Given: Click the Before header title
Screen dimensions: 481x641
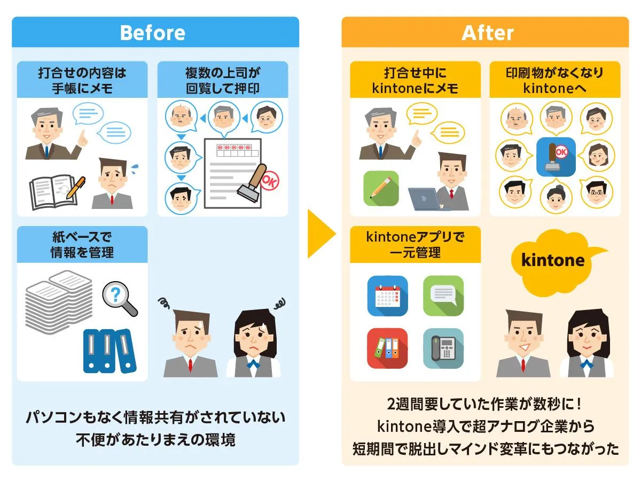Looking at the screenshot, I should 153,33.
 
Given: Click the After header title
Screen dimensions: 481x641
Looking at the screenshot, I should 487,33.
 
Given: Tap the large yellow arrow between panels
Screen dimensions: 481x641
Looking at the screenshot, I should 320,233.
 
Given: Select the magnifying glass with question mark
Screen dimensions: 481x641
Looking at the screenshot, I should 119,298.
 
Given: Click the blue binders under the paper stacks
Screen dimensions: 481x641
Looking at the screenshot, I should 110,350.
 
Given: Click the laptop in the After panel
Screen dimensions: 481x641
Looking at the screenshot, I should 425,198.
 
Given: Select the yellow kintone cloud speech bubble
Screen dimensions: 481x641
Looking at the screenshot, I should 553,262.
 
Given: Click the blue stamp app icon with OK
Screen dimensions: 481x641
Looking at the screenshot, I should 556,157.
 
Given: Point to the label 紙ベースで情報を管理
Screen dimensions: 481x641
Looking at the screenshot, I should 82,244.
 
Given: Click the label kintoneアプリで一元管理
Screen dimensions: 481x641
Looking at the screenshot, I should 415,244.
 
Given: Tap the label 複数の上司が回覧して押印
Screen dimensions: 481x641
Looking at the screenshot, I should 223,80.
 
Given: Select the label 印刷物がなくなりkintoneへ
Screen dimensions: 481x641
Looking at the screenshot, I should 555,80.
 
